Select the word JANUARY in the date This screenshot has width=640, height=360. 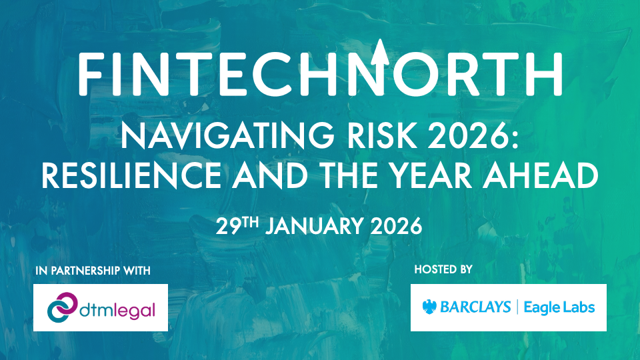311,226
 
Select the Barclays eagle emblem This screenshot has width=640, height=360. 430,307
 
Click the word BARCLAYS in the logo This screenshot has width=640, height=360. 475,307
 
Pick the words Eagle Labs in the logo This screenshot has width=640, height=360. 559,307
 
